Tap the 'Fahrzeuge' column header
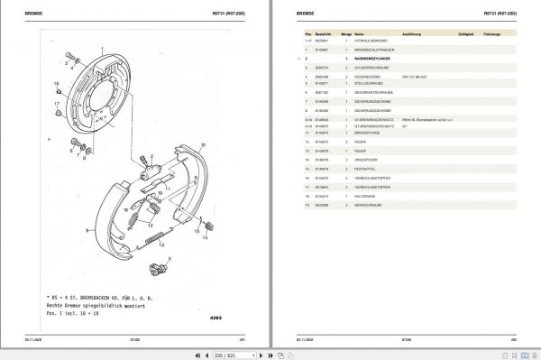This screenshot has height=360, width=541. (492, 33)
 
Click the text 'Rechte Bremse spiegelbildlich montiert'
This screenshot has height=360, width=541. (100, 305)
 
